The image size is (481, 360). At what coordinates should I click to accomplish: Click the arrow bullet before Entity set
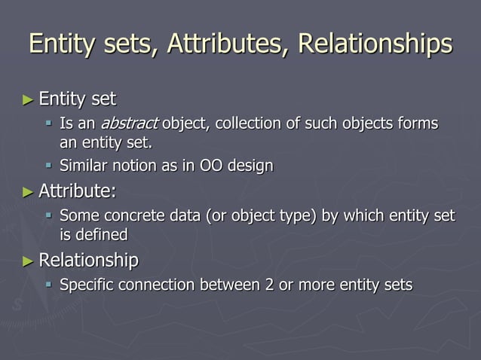28,99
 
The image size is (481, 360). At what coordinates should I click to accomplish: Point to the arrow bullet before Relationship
28,261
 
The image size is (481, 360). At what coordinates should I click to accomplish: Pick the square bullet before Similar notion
49,166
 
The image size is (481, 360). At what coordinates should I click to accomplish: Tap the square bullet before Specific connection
49,286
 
